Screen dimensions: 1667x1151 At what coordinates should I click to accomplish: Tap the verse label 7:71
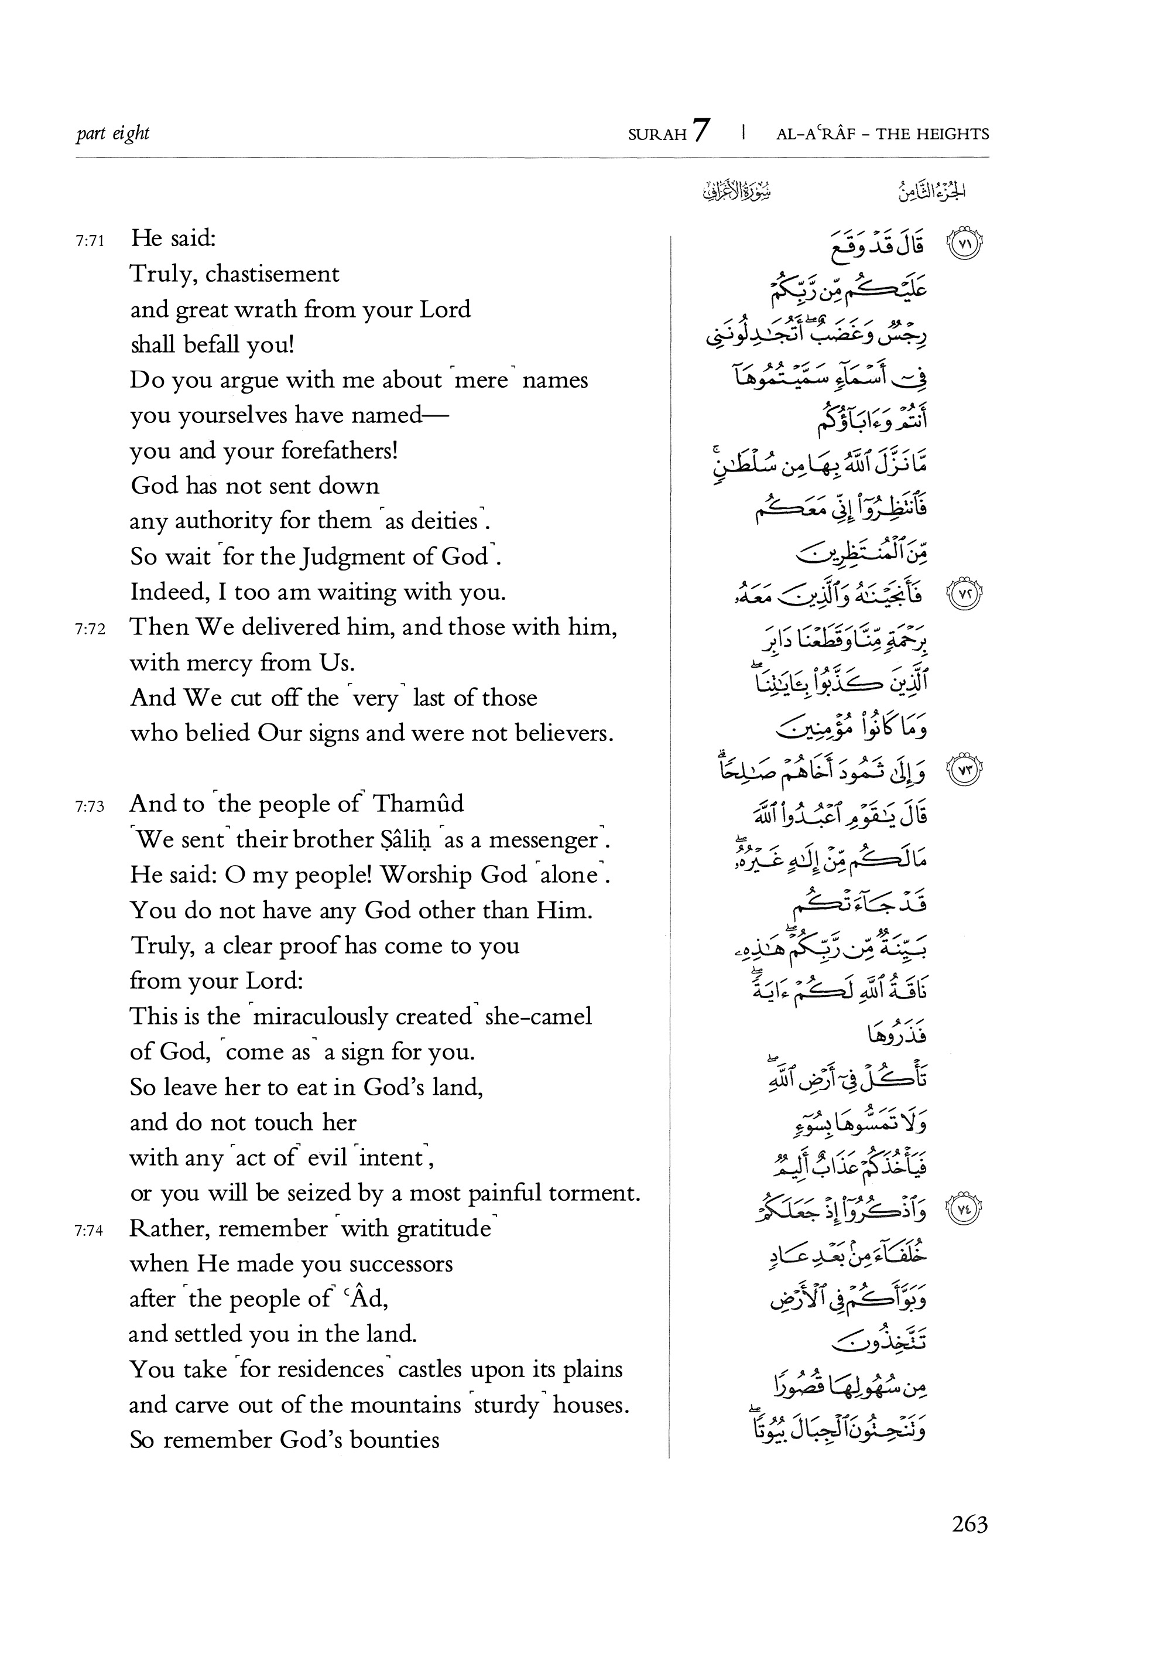[90, 241]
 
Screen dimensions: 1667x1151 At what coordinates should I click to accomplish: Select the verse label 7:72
[90, 630]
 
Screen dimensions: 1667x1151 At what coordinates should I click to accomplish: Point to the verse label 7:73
[90, 807]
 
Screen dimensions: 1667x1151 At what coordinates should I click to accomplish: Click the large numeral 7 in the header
[701, 131]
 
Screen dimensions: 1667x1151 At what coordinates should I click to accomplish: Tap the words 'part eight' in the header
[112, 134]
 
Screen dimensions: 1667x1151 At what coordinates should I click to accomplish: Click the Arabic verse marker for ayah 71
[964, 244]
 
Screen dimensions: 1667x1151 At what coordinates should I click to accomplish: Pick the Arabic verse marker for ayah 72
[964, 595]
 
